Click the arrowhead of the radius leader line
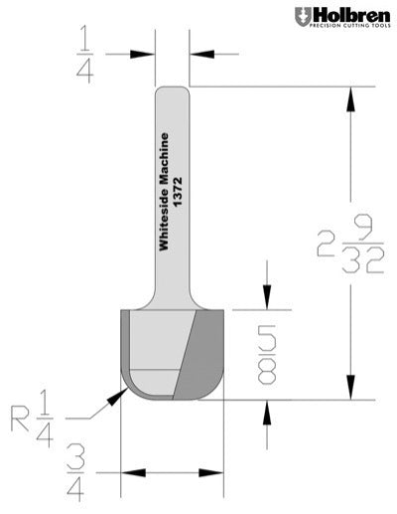click(x=121, y=392)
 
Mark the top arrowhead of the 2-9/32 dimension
click(x=350, y=95)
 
